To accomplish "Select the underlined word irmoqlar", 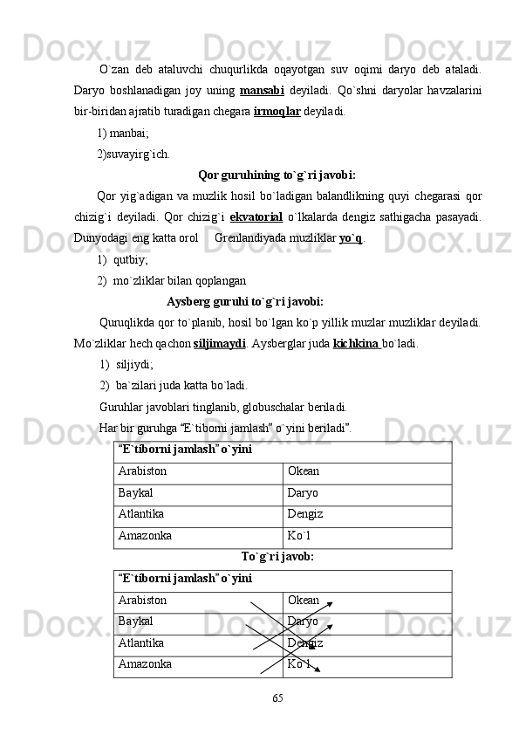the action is click(x=277, y=112).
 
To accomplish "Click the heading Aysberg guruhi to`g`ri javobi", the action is click(x=244, y=302).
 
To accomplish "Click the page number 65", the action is click(x=277, y=698).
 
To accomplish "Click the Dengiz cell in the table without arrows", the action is click(x=305, y=514).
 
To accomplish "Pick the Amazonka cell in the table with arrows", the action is click(x=145, y=663).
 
